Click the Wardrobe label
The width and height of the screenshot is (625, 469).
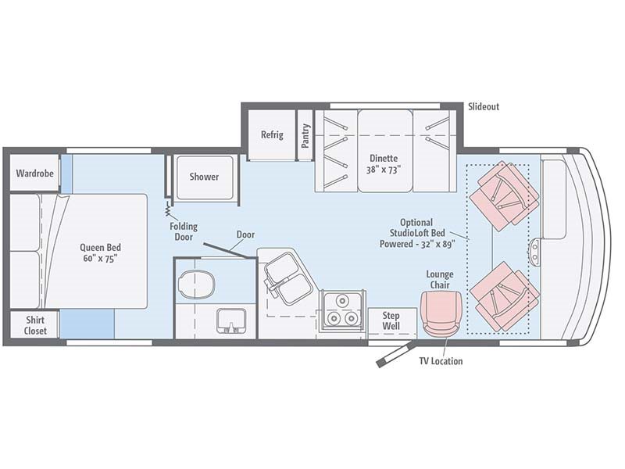pos(35,174)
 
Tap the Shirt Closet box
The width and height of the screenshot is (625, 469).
pos(35,325)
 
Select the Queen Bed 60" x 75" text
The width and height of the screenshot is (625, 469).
pos(100,253)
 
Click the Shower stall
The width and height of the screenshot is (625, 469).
pos(204,177)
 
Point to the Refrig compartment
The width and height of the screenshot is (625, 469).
pos(272,134)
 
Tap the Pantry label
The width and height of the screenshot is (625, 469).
pos(305,135)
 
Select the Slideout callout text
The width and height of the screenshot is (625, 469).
pos(483,106)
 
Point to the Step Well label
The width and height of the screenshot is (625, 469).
pos(391,320)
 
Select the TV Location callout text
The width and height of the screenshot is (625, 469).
pos(441,361)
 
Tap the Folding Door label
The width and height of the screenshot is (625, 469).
pos(184,232)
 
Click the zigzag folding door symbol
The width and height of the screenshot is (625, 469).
pos(167,209)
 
